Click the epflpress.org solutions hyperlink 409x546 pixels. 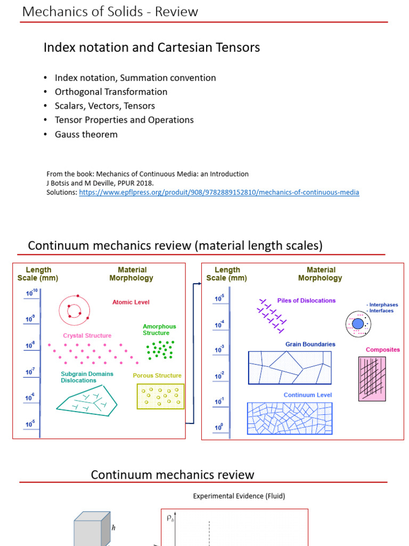(x=219, y=192)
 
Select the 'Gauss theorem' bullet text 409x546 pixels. (x=86, y=134)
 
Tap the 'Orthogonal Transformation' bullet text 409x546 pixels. (x=111, y=92)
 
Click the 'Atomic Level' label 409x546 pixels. (x=131, y=302)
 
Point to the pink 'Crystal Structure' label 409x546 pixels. (x=87, y=336)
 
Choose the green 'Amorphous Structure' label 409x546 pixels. (x=159, y=330)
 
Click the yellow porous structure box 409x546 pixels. (x=161, y=396)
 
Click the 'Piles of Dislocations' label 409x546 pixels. (x=306, y=301)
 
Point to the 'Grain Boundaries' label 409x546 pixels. (x=310, y=344)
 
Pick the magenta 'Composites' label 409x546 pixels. (x=382, y=350)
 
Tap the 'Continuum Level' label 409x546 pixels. (x=308, y=395)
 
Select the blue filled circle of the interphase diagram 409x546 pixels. (x=358, y=324)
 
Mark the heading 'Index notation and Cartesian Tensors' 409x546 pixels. (x=152, y=47)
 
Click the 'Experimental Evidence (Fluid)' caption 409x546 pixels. (x=239, y=496)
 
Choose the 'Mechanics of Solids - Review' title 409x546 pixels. (x=110, y=12)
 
